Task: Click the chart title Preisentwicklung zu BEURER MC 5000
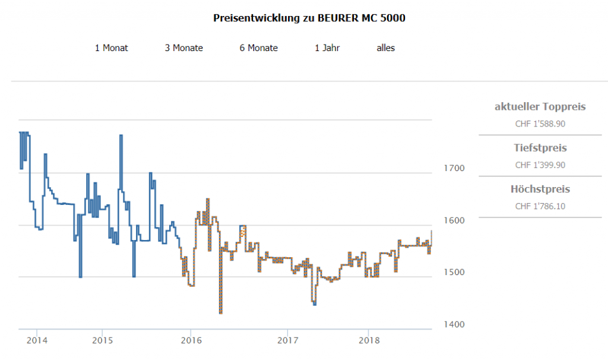[309, 18]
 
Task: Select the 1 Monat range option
[111, 48]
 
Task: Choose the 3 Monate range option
[183, 48]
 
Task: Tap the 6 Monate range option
[258, 48]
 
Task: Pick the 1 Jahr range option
[327, 48]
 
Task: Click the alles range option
[385, 48]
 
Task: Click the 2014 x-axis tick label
[37, 341]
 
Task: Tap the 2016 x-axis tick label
[191, 341]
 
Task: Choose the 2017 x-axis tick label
[287, 341]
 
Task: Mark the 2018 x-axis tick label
[369, 341]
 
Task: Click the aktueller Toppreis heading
[540, 107]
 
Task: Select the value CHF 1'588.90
[540, 124]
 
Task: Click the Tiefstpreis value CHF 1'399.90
[540, 165]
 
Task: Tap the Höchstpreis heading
[540, 190]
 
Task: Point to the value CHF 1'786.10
[540, 206]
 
